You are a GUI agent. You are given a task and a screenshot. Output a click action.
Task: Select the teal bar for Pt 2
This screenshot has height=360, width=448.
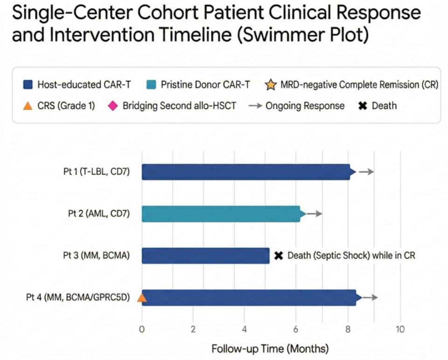click(x=221, y=214)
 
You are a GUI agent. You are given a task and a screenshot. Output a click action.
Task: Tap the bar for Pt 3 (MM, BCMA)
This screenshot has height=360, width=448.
click(x=206, y=256)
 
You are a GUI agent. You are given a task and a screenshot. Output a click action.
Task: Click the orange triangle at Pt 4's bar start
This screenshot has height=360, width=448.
click(x=142, y=298)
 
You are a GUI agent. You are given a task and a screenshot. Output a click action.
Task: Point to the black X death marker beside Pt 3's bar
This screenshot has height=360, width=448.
click(x=279, y=256)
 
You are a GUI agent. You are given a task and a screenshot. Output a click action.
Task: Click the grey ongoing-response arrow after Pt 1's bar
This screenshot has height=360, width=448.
click(x=366, y=172)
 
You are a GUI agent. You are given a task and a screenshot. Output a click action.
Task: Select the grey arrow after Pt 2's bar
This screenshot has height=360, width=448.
click(x=315, y=214)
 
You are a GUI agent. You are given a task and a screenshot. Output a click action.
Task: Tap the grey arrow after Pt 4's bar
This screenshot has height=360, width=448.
click(x=370, y=298)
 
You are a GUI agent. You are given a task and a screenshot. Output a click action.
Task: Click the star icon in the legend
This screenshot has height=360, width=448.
click(x=270, y=85)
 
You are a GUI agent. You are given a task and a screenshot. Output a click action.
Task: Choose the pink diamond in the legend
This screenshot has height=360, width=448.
click(x=112, y=106)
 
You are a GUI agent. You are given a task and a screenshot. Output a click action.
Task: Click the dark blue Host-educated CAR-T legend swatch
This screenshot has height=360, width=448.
click(x=28, y=85)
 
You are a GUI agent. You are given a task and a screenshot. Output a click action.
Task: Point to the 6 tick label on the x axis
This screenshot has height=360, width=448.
click(x=296, y=329)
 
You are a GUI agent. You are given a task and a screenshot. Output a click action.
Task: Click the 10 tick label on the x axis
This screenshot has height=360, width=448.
click(x=399, y=329)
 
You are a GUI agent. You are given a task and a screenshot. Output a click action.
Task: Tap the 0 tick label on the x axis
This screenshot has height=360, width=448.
click(x=142, y=329)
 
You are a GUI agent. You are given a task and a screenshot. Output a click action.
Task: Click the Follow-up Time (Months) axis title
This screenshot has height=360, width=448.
click(x=270, y=349)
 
